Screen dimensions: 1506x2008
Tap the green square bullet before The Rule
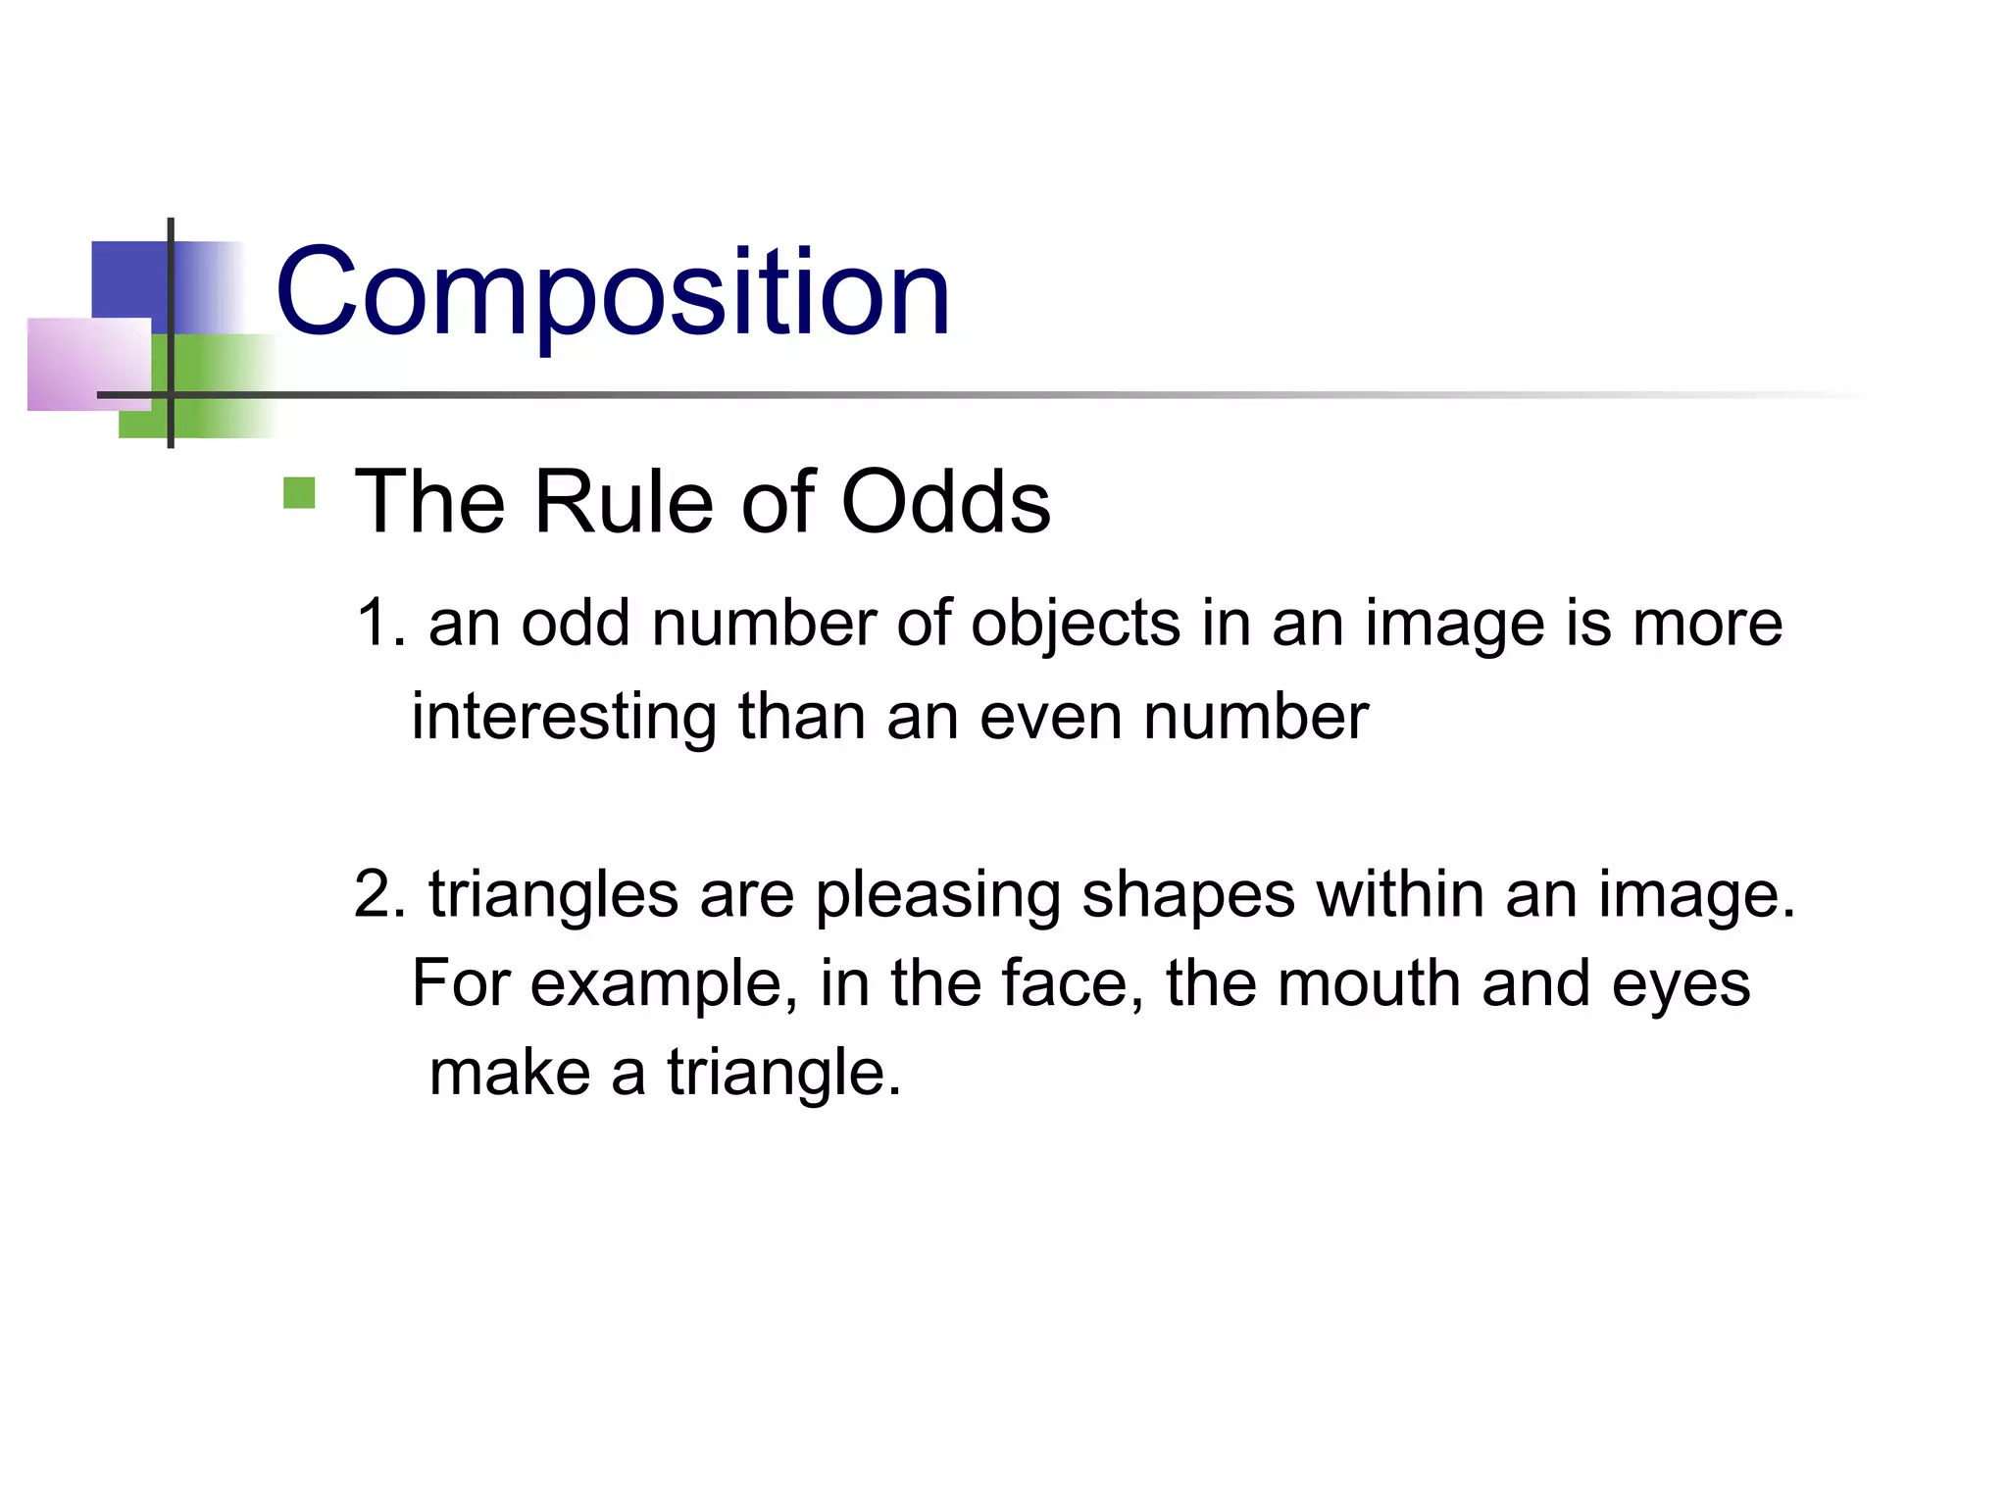pos(299,493)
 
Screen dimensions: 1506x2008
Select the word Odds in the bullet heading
pos(945,502)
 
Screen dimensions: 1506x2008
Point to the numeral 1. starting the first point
pos(380,624)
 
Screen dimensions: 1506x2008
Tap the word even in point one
pos(1050,718)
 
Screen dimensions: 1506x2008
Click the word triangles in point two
pos(553,896)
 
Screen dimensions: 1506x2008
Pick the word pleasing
pos(937,896)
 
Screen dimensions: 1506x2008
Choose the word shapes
pos(1188,896)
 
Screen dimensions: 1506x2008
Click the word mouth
pos(1369,983)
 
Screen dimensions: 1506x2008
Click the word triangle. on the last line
pos(783,1074)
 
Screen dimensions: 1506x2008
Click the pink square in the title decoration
pos(88,364)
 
